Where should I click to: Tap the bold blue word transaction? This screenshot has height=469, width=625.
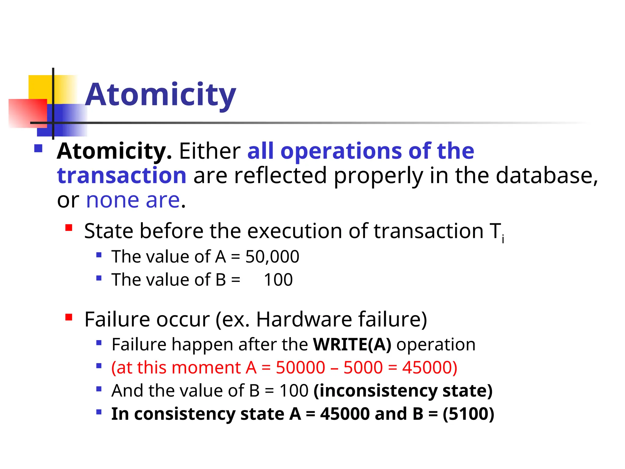tap(121, 176)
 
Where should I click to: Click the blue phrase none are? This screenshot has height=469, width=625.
tap(133, 201)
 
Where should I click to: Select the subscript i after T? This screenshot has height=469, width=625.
tap(503, 239)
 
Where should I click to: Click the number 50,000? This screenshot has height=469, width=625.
tap(272, 256)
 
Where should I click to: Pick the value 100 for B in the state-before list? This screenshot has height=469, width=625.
tap(278, 280)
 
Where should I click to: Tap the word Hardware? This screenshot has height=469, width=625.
tap(304, 320)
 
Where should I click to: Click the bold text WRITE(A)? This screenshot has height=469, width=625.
tap(352, 345)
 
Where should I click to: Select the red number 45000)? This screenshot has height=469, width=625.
tap(429, 368)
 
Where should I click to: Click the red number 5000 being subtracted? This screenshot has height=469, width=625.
tap(363, 368)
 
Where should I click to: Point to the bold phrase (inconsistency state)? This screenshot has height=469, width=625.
tap(403, 391)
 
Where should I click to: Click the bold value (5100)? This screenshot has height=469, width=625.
tap(468, 414)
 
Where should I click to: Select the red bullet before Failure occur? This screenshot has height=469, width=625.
tap(69, 318)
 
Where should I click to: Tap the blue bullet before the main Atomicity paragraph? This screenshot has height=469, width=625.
tap(38, 149)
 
